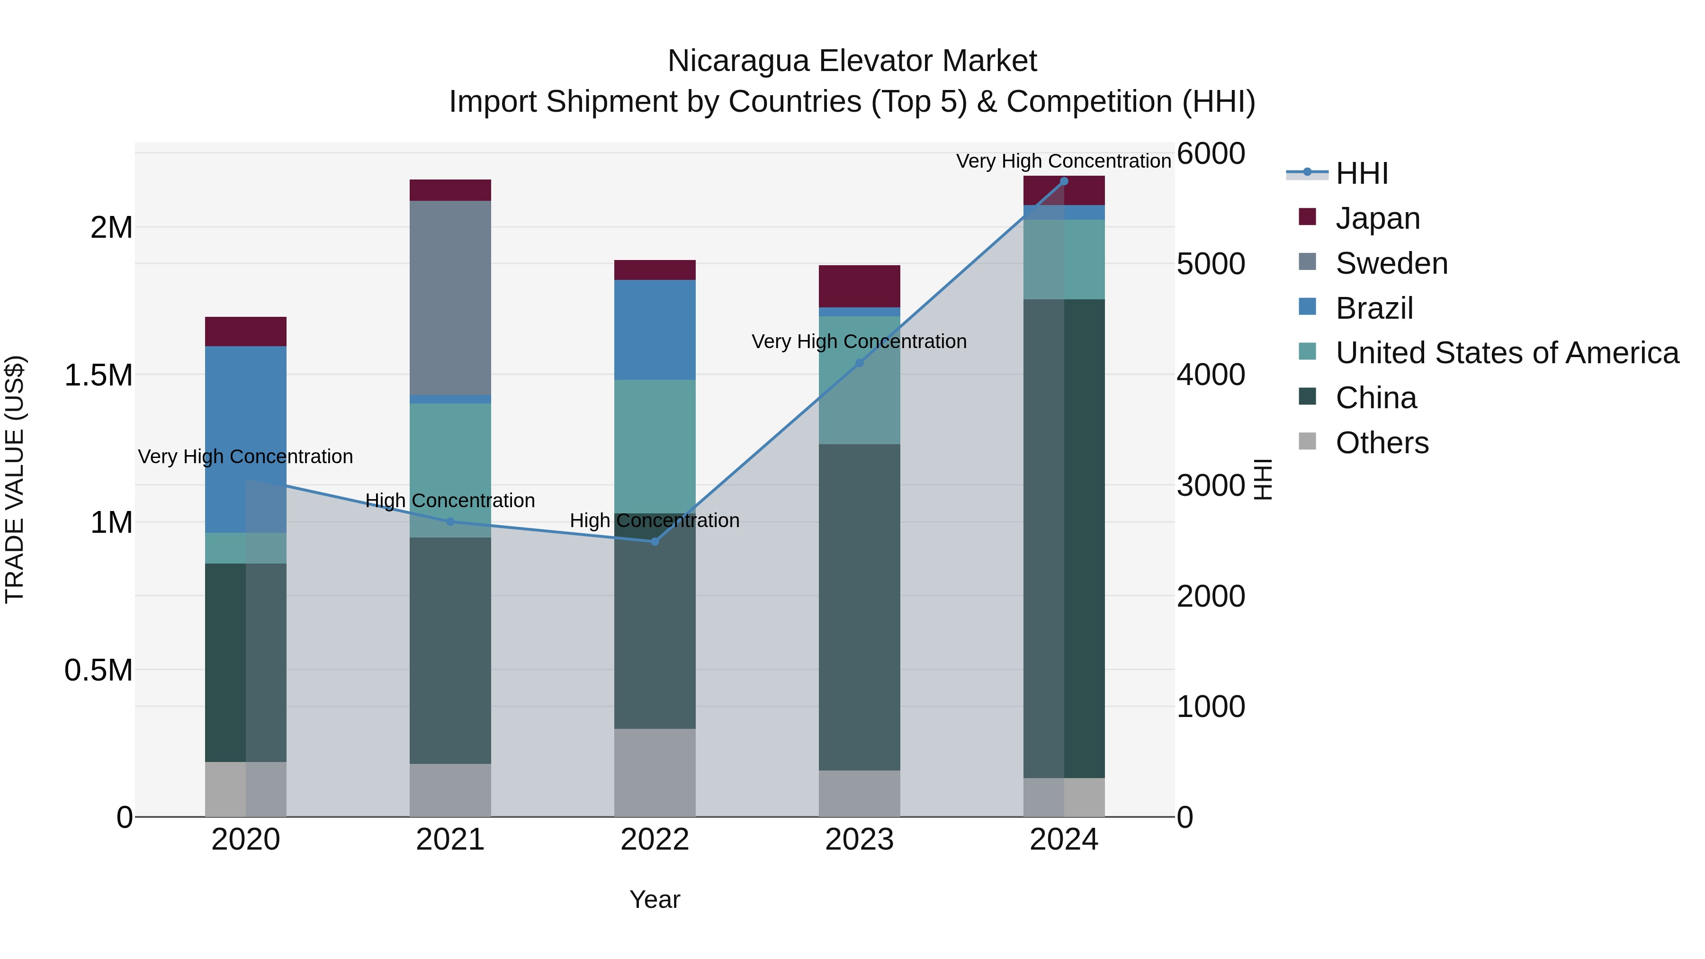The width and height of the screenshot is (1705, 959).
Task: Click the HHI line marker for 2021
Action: [x=450, y=521]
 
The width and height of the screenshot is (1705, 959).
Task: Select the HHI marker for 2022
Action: [x=655, y=541]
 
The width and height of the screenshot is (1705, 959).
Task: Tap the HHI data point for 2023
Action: [x=859, y=363]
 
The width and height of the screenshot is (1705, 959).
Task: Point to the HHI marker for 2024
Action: [x=1064, y=181]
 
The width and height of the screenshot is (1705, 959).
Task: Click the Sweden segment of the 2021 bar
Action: [x=450, y=298]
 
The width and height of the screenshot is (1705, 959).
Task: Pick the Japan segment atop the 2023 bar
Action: [x=859, y=286]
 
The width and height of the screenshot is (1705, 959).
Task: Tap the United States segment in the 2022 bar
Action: [x=655, y=446]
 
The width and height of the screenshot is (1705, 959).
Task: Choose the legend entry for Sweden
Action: [x=1391, y=263]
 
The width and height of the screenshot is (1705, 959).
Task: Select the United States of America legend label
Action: [x=1507, y=353]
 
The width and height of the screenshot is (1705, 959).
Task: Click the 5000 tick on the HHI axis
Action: [x=1211, y=264]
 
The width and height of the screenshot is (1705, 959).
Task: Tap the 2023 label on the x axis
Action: [x=859, y=840]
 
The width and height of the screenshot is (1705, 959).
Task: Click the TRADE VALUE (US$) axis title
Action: [x=15, y=479]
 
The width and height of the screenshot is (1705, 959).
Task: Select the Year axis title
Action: [x=655, y=899]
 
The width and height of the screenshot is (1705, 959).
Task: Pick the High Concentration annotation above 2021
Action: [x=450, y=501]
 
